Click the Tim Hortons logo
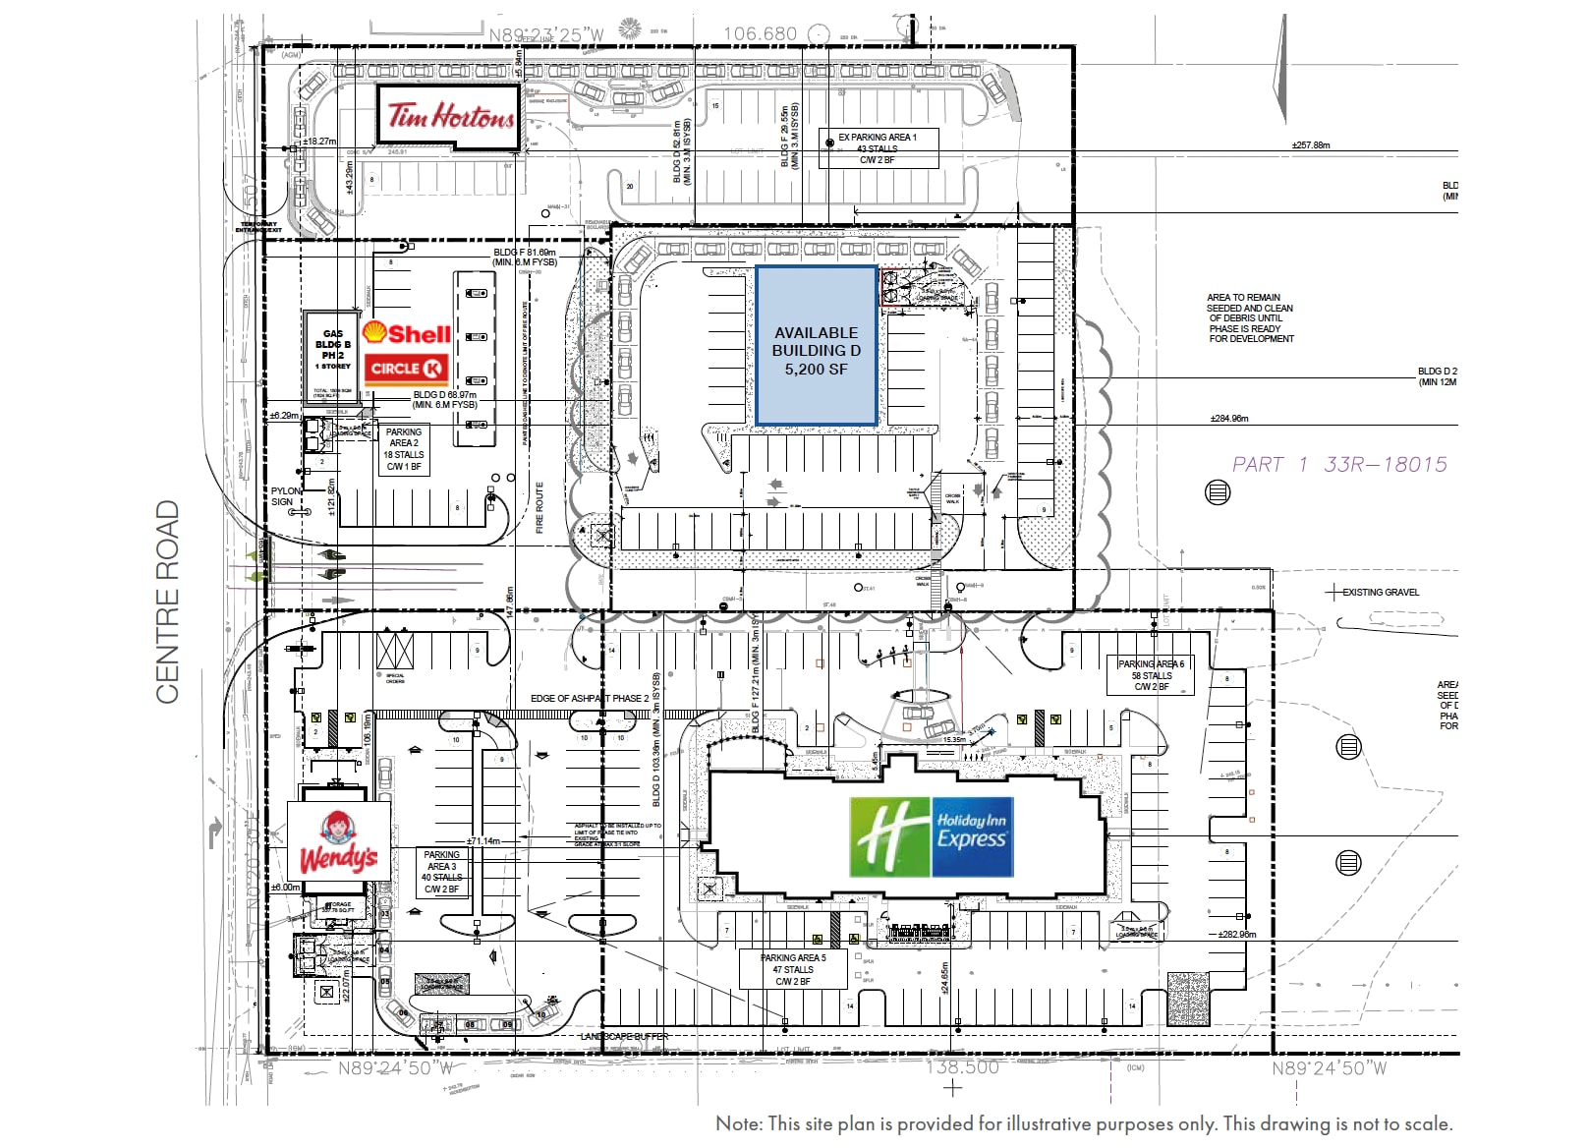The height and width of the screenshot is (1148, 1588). [x=449, y=117]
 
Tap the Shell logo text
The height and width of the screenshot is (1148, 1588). [x=407, y=334]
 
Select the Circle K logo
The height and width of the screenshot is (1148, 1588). [x=407, y=369]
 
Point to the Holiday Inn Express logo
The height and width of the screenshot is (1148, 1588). [x=931, y=836]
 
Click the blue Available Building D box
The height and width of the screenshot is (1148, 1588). [x=816, y=346]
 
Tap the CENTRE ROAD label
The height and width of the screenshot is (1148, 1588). [x=168, y=602]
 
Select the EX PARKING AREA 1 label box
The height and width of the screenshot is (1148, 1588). [x=878, y=148]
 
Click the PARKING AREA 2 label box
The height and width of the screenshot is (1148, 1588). [x=404, y=449]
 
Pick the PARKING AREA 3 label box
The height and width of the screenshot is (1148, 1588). [x=441, y=872]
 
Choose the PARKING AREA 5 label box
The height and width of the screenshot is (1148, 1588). [x=793, y=969]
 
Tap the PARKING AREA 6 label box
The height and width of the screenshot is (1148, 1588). [x=1151, y=675]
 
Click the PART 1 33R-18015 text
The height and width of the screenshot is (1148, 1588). [x=1339, y=465]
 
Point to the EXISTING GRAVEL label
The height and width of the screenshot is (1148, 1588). [x=1380, y=593]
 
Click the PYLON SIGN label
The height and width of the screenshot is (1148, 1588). [x=285, y=496]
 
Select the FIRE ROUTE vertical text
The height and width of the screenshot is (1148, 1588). [x=539, y=507]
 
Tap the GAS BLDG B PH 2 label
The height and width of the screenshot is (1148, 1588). [x=332, y=349]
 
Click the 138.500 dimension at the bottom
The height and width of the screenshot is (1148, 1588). [x=962, y=1067]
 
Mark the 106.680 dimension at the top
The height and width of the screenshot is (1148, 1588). [x=760, y=33]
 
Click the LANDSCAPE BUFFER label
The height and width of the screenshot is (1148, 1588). [x=624, y=1037]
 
